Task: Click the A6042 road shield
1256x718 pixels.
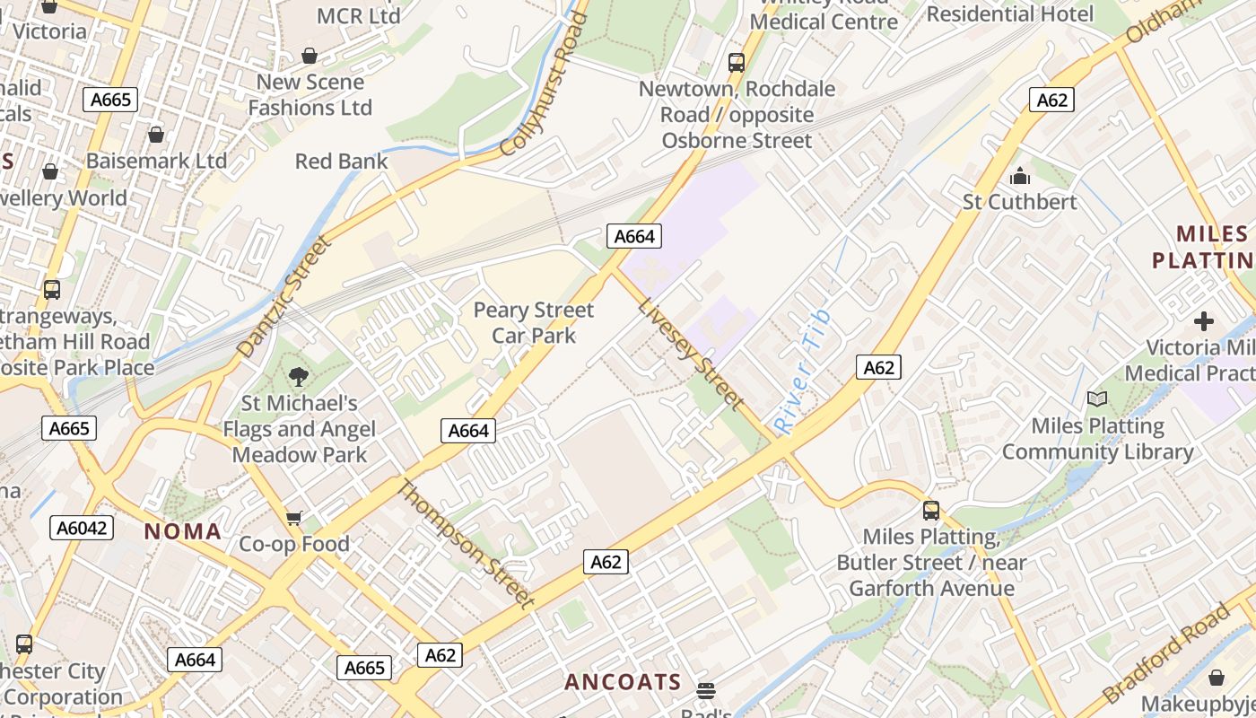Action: point(82,528)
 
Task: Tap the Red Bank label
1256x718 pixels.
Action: point(341,162)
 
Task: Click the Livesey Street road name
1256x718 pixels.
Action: point(690,354)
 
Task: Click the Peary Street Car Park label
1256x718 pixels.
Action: point(533,323)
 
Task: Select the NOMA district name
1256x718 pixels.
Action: point(183,531)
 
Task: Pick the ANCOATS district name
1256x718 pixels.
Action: point(623,682)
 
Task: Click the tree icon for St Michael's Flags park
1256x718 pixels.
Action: point(299,377)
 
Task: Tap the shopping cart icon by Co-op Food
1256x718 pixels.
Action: point(294,518)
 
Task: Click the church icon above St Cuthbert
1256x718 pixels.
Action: point(1019,176)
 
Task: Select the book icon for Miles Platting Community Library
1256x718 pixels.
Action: point(1096,398)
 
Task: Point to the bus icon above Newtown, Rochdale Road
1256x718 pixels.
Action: point(737,63)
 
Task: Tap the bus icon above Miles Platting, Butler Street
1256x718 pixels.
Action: point(931,511)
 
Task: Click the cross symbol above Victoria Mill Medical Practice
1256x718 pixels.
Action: point(1204,320)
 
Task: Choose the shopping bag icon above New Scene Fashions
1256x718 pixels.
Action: point(310,56)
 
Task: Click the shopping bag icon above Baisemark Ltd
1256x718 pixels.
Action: point(156,135)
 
